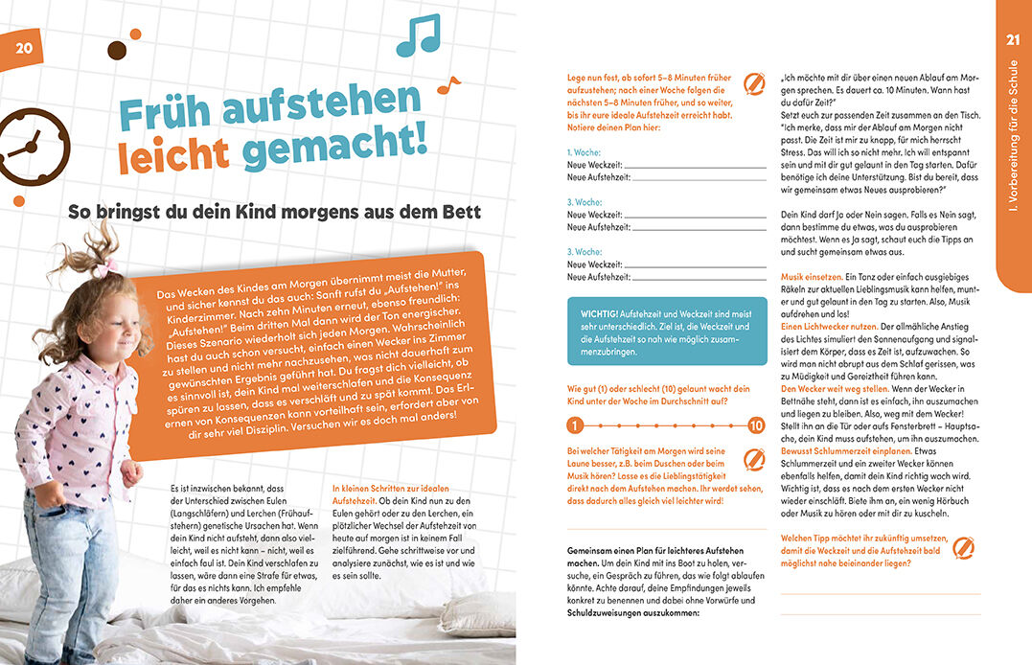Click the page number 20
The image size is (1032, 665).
pos(24,49)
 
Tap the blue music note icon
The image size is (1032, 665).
pos(417,35)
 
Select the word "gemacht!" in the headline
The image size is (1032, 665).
pos(332,151)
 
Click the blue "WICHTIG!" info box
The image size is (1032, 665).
pos(667,330)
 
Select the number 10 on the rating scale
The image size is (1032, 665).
pos(756,424)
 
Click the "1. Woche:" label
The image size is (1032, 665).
pos(584,152)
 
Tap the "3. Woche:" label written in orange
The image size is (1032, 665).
pos(584,202)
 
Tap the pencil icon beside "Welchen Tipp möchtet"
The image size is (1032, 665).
pos(964,547)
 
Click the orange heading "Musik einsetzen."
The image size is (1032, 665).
pos(814,276)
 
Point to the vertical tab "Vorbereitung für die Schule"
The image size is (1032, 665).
pos(1013,153)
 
